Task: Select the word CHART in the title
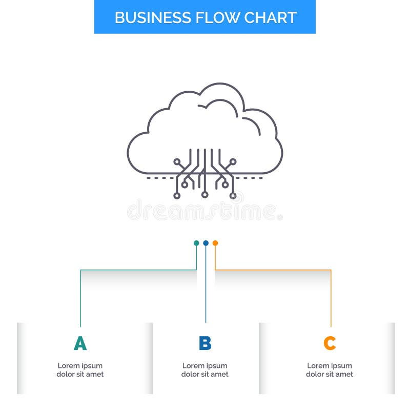[x=270, y=17]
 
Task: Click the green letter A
[x=80, y=343]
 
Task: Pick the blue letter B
[x=205, y=343]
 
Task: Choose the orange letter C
[x=330, y=343]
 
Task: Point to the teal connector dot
[x=196, y=243]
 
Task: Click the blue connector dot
[x=206, y=243]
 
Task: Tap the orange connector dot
[x=215, y=243]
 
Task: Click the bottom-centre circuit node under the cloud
[x=204, y=195]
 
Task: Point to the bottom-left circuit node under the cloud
[x=177, y=195]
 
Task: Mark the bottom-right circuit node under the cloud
[x=233, y=195]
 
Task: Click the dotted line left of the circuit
[x=160, y=178]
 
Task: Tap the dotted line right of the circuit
[x=250, y=178]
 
